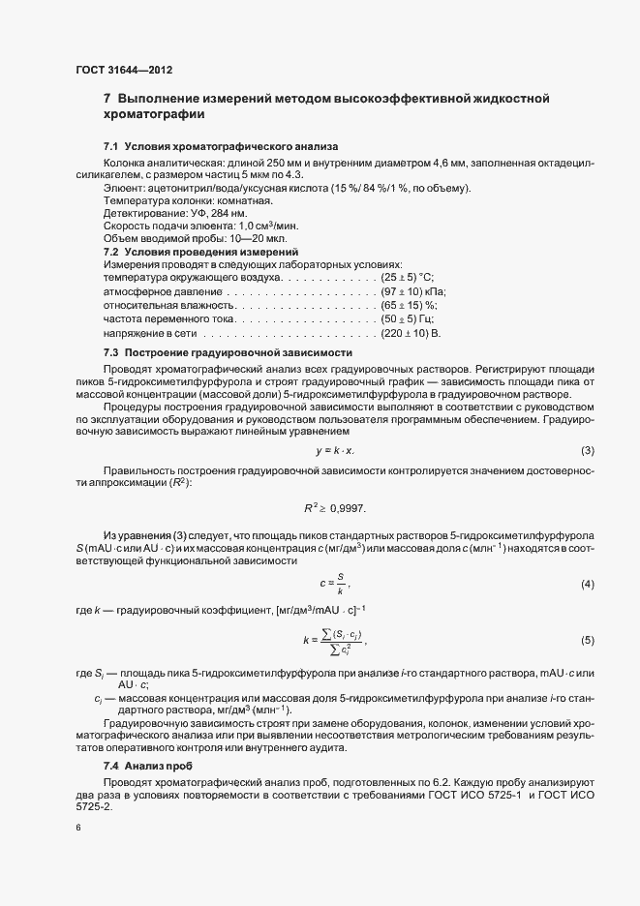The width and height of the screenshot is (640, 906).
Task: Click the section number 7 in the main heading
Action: [107, 99]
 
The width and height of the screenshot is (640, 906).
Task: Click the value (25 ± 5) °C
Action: [413, 278]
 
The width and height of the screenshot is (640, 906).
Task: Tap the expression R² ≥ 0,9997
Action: [336, 507]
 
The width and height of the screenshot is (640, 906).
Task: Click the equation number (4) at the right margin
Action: [587, 585]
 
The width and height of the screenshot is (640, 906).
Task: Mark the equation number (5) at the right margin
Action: [587, 640]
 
